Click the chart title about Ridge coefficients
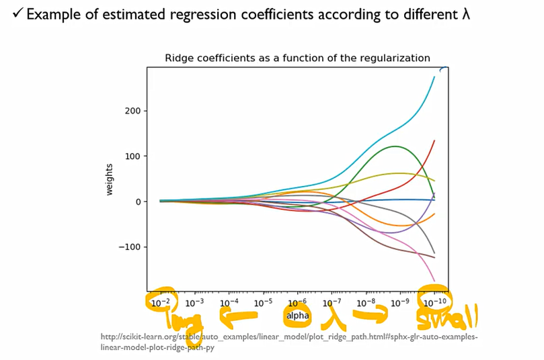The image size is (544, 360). [x=297, y=58]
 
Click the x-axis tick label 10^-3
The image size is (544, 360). [x=195, y=304]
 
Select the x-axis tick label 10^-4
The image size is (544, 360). [x=229, y=304]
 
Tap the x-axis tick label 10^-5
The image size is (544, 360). [x=263, y=304]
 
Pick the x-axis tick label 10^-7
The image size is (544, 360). [x=332, y=304]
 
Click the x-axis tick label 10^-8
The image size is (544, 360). [x=366, y=304]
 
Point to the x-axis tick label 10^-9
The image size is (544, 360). [x=400, y=304]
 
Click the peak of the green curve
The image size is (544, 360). [x=395, y=146]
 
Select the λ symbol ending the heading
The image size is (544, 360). [x=466, y=13]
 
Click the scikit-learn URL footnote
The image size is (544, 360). [x=288, y=342]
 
